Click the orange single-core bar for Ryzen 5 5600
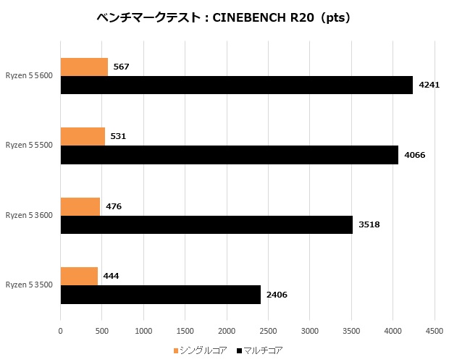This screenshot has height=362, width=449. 84,67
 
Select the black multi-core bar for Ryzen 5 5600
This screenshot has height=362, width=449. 236,85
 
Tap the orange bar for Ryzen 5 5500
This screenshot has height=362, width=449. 83,136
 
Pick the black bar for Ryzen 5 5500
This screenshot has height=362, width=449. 229,154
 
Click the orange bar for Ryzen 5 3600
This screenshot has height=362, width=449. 80,206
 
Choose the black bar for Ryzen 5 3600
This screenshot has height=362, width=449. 206,224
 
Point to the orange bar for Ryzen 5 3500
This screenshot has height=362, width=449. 79,276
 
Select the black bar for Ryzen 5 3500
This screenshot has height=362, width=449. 160,294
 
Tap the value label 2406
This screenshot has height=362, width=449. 277,295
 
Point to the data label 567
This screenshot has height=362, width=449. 121,67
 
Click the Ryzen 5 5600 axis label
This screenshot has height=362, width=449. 29,75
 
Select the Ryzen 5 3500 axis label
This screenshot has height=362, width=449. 29,285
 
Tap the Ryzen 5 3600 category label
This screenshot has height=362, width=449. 29,215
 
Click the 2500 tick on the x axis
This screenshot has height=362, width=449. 269,331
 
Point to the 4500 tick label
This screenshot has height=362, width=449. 435,331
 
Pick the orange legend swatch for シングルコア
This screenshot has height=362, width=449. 175,351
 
